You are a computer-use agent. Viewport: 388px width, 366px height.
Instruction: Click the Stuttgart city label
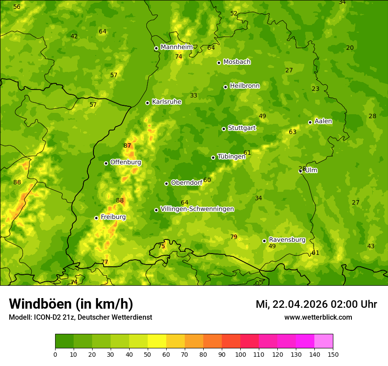pos(242,128)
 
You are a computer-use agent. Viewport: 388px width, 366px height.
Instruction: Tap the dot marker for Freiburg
pos(96,218)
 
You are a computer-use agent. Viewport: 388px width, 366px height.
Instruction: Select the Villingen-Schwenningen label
pos(197,209)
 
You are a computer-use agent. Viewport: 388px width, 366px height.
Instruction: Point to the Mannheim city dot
pos(156,49)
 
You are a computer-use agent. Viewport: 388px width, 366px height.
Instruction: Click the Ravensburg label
pos(287,240)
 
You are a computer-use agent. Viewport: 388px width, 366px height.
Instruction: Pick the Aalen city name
pos(323,121)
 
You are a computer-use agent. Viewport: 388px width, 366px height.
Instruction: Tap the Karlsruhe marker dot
pos(147,103)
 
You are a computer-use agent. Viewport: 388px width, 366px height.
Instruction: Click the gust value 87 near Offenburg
pos(127,146)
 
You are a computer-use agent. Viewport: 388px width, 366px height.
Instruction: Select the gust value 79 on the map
pos(234,237)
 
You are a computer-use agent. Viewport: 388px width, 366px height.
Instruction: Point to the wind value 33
pos(194,95)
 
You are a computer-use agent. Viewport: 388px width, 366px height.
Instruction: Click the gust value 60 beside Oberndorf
pos(207,180)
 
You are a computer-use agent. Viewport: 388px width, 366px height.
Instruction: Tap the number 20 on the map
pos(350,48)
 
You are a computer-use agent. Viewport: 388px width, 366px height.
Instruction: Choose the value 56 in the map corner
pos(17,7)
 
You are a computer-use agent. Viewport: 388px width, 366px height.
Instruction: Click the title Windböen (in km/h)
pos(71,304)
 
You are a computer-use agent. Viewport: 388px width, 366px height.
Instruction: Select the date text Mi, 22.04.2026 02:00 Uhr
pos(316,304)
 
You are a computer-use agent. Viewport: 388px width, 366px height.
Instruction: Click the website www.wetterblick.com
pos(318,317)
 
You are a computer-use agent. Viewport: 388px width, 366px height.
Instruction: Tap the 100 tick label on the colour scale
pos(240,354)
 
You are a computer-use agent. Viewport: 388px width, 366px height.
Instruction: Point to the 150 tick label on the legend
pos(333,354)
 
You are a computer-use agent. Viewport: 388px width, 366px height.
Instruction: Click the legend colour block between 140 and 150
pos(324,341)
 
